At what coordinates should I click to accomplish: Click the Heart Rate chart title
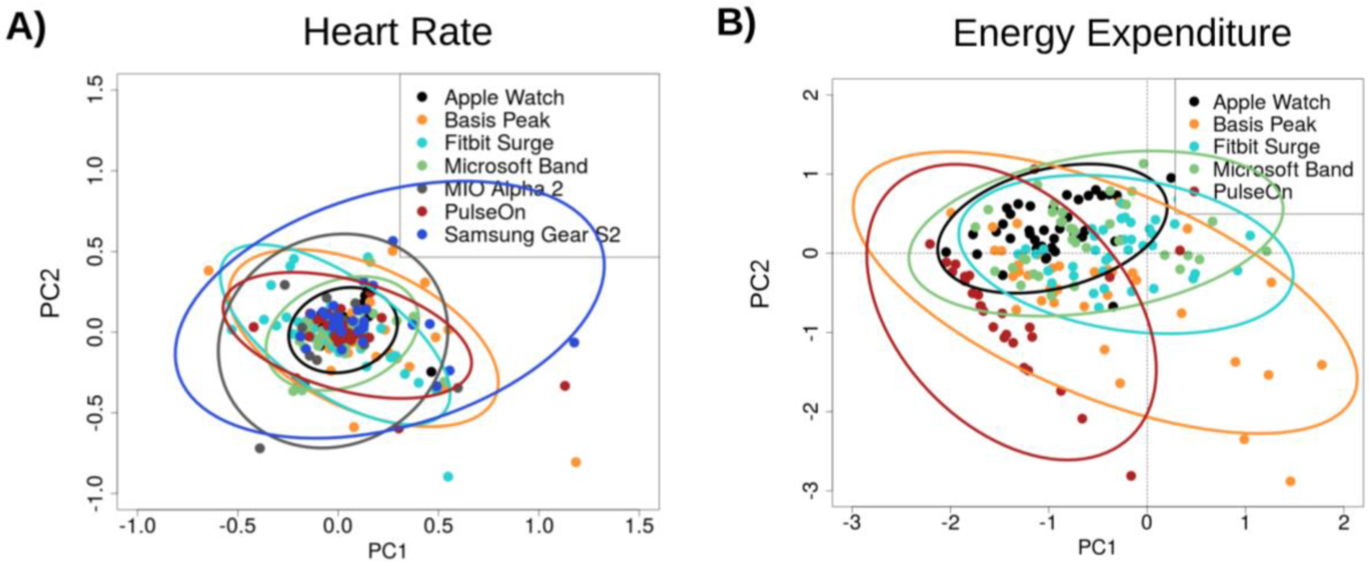pyautogui.click(x=397, y=32)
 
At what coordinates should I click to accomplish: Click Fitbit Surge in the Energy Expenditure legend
pyautogui.click(x=1266, y=146)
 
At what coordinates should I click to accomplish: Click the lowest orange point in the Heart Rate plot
pyautogui.click(x=576, y=462)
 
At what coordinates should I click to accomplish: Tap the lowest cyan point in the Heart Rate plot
pyautogui.click(x=448, y=476)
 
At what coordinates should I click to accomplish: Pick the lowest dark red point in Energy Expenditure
pyautogui.click(x=1130, y=475)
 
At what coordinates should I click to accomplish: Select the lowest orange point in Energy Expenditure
pyautogui.click(x=1290, y=481)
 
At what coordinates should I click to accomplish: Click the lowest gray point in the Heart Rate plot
pyautogui.click(x=259, y=448)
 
